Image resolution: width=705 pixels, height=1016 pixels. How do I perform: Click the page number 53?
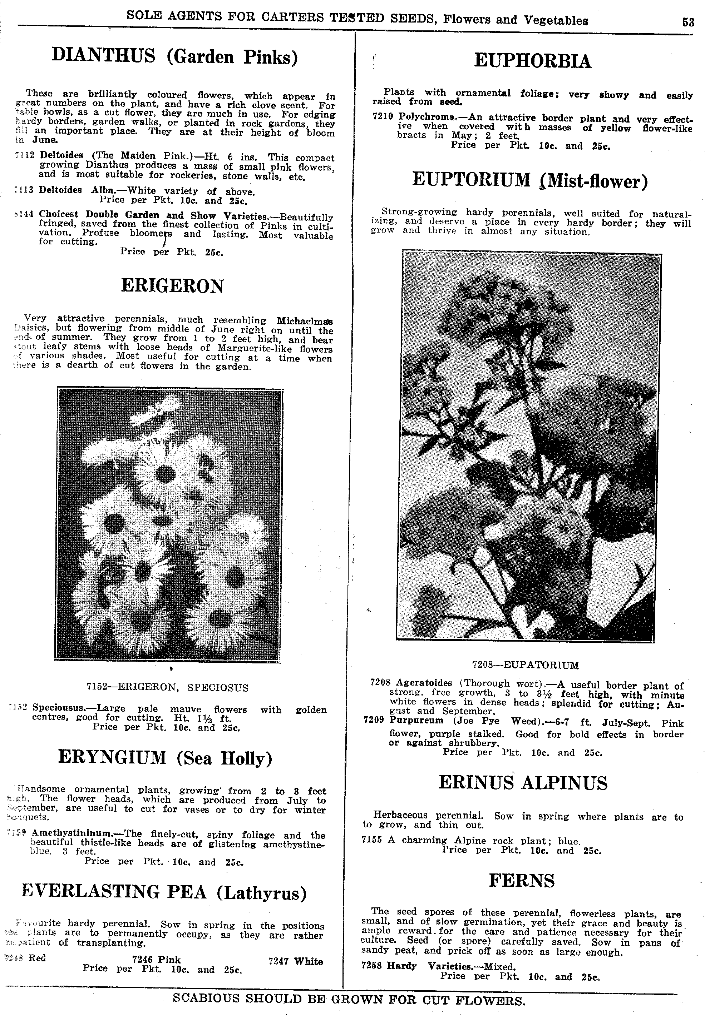pos(688,22)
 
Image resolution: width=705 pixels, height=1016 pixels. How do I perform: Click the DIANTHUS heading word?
pos(103,56)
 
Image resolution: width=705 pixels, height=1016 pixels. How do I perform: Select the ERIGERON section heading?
pos(172,286)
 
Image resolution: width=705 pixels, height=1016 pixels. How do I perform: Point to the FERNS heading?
pos(522,880)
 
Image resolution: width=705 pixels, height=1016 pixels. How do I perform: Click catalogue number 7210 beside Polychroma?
pos(383,116)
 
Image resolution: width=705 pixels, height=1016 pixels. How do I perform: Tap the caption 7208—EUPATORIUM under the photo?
pos(525,665)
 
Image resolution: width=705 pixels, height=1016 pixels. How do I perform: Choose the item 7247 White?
pos(296,961)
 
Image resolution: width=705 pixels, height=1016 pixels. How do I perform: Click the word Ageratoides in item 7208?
pos(424,682)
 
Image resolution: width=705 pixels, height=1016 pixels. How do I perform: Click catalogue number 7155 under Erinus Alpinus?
pos(371,840)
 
